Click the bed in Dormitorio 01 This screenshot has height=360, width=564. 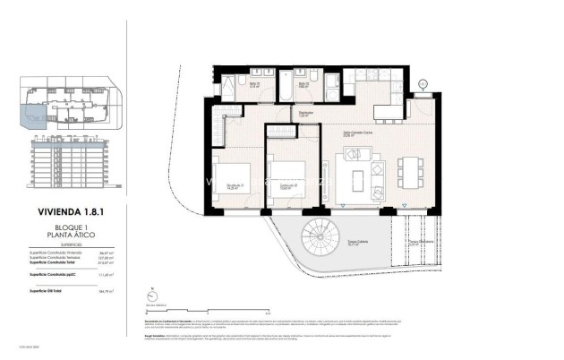pos(233,176)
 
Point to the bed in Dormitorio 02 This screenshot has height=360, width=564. pos(289,176)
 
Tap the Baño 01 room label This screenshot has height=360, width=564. pos(254,85)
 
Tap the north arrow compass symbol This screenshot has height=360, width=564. pos(155,292)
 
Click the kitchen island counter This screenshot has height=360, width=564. pos(386,111)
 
